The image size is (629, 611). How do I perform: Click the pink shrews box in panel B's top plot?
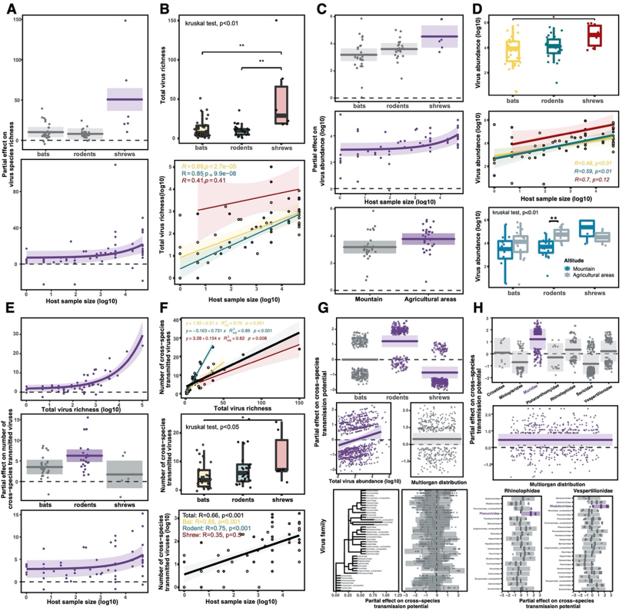click(x=282, y=104)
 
